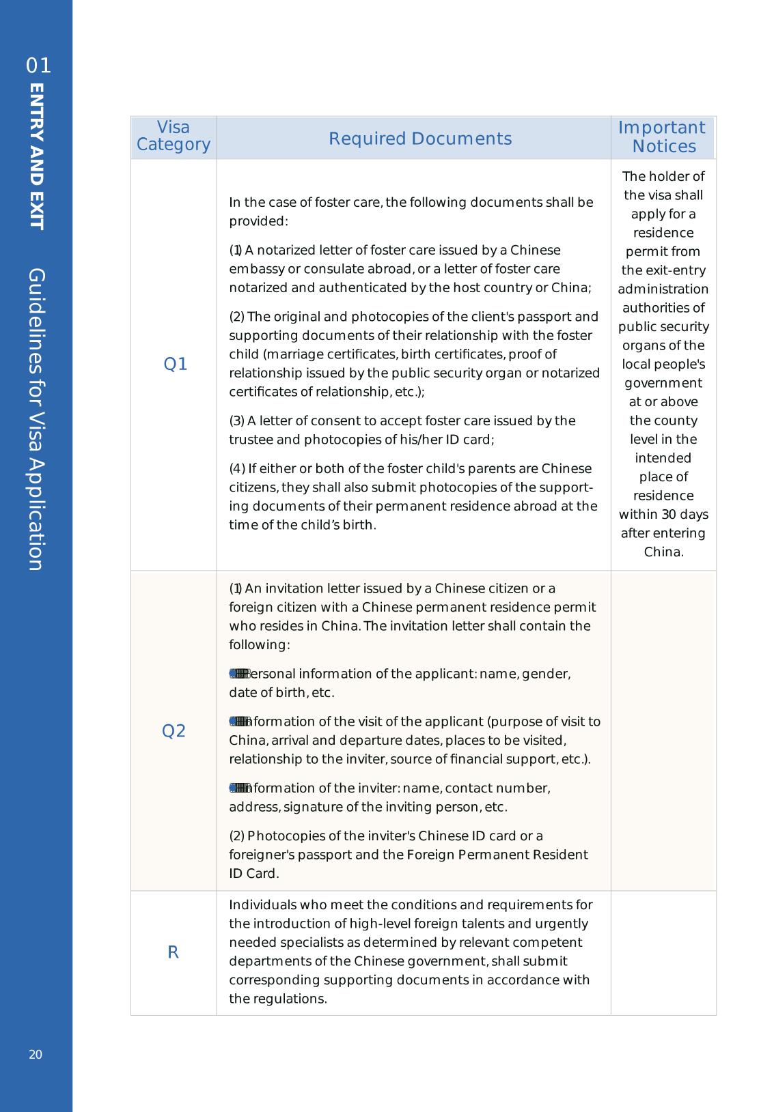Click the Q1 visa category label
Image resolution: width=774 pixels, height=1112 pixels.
click(176, 365)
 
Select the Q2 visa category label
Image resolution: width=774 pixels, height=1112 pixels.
click(174, 731)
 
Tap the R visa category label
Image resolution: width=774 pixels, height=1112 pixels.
click(174, 952)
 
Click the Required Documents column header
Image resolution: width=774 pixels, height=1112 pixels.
click(420, 139)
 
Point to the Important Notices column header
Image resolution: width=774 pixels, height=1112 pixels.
click(663, 137)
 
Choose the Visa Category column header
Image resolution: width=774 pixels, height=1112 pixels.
click(174, 136)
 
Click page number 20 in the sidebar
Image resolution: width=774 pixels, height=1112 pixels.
click(36, 1055)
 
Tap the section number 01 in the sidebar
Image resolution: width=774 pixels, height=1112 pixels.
click(38, 66)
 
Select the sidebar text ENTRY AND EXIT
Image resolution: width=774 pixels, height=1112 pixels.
click(37, 157)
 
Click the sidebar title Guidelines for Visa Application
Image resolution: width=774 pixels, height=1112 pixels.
click(37, 419)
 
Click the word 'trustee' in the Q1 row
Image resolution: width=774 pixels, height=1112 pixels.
click(251, 440)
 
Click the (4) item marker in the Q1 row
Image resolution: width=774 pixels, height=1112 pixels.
click(237, 469)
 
